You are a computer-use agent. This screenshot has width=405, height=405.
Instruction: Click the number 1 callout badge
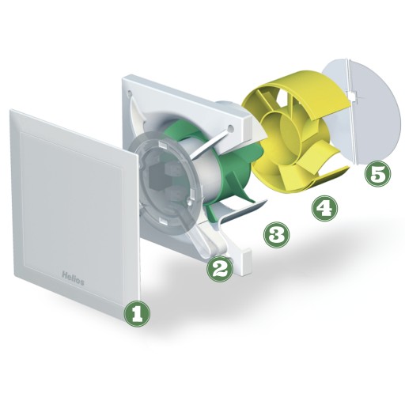pyautogui.click(x=137, y=314)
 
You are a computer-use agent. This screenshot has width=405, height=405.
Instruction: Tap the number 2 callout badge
pyautogui.click(x=220, y=269)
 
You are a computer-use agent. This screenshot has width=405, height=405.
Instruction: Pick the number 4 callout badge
pyautogui.click(x=324, y=208)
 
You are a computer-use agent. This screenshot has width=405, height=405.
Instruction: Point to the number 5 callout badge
pyautogui.click(x=378, y=174)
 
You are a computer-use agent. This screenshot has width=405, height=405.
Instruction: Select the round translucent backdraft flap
pyautogui.click(x=361, y=112)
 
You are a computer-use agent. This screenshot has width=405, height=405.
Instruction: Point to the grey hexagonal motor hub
pyautogui.click(x=159, y=180)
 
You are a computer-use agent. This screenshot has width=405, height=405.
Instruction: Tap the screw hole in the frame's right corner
pyautogui.click(x=231, y=128)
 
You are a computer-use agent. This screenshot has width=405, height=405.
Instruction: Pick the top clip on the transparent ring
pyautogui.click(x=162, y=144)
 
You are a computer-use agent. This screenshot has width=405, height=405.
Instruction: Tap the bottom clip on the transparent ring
pyautogui.click(x=163, y=221)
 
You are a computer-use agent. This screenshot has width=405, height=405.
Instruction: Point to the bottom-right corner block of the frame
pyautogui.click(x=246, y=261)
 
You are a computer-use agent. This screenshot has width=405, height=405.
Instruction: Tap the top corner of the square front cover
pyautogui.click(x=10, y=110)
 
